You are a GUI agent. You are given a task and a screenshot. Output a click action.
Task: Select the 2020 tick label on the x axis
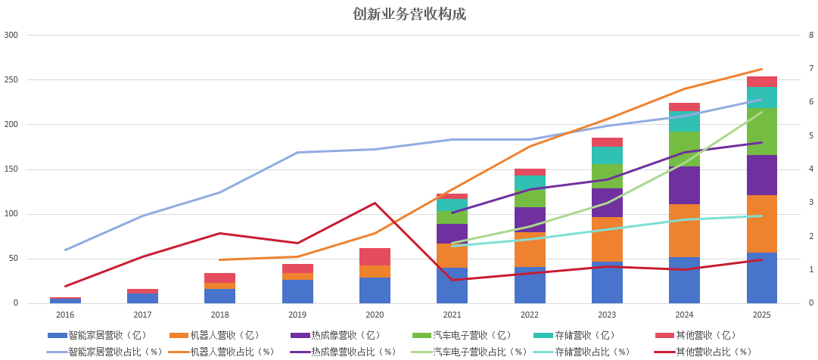375,315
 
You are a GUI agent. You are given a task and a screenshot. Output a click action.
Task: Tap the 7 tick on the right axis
811,68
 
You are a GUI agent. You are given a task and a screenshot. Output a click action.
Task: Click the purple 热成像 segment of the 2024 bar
684,185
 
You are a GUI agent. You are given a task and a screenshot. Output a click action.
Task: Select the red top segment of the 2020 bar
375,256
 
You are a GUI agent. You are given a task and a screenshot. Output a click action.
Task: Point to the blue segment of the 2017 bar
142,298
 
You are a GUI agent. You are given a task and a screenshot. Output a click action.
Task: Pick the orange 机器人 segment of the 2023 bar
607,239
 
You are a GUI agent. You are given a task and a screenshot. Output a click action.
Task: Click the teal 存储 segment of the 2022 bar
530,182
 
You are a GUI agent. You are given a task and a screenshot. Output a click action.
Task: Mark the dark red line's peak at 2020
375,203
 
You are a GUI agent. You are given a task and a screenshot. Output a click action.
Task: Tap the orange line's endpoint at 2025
761,69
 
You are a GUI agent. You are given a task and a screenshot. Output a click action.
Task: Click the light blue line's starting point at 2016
65,250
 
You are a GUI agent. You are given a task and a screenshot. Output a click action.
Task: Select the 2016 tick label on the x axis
65,315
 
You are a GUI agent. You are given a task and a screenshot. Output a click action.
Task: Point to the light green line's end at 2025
761,112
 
